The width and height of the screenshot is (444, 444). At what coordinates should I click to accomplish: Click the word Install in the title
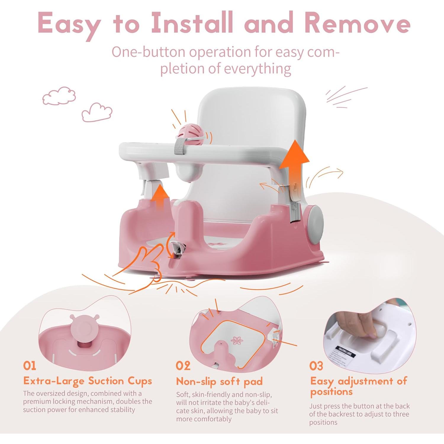pyautogui.click(x=192, y=23)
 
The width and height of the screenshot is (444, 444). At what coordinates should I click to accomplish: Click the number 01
pyautogui.click(x=30, y=366)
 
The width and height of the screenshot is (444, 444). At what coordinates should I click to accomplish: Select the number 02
pyautogui.click(x=183, y=366)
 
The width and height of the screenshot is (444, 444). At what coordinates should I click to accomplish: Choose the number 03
pyautogui.click(x=316, y=366)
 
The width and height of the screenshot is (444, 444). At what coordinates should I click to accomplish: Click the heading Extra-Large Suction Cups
pyautogui.click(x=88, y=381)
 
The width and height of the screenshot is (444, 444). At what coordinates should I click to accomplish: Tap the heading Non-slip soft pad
pyautogui.click(x=219, y=382)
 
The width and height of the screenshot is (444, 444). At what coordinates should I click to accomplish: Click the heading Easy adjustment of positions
pyautogui.click(x=358, y=386)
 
